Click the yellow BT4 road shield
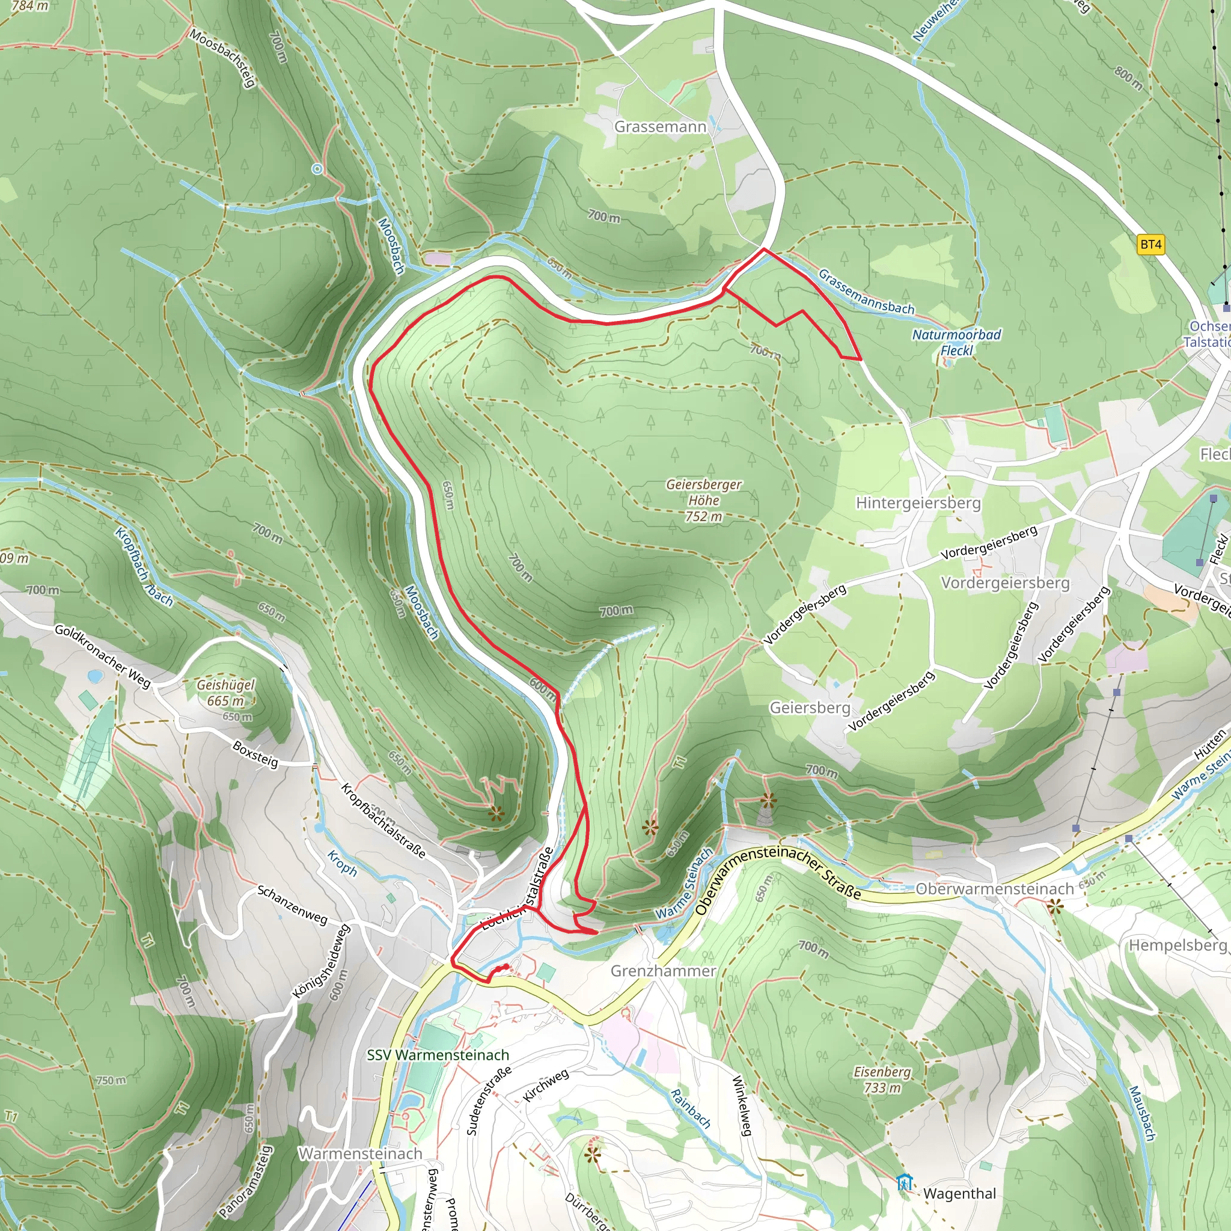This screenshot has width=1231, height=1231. point(1150,244)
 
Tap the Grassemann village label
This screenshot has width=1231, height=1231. point(660,127)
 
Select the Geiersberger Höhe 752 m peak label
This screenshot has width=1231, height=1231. point(704,500)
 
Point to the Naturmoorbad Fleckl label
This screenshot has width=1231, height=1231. point(956,342)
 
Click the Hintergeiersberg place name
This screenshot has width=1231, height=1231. point(918,502)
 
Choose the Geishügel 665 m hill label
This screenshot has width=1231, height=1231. point(225,692)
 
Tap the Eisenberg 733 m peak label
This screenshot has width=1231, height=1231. point(882,1080)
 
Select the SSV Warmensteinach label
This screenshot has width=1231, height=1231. point(438,1054)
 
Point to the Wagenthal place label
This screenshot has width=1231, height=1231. point(959,1193)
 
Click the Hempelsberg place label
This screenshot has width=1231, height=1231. point(1178,945)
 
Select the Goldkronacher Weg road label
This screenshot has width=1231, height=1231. point(102,656)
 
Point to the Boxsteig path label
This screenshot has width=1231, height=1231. point(255,754)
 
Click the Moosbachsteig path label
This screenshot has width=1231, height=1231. point(223,57)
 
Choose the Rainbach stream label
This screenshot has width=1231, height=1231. point(691,1108)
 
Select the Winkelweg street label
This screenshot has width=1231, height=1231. point(742,1105)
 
